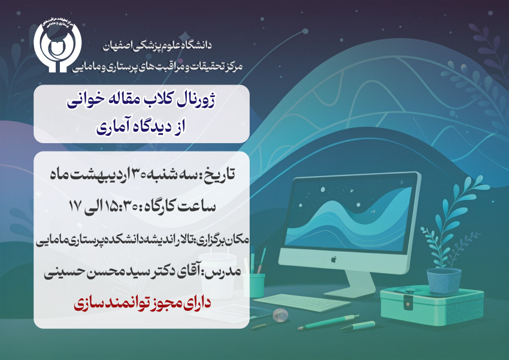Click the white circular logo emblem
point(57,46)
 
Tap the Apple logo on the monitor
point(334,259)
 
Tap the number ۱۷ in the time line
point(75,206)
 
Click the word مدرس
point(225,271)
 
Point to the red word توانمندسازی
point(111,304)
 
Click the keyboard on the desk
point(302,302)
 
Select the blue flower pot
point(444,280)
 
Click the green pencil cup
point(259,285)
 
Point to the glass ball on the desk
point(280,314)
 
